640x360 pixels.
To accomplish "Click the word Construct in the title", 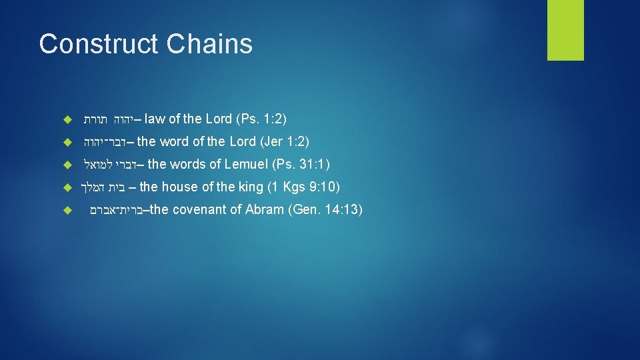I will click(x=98, y=44).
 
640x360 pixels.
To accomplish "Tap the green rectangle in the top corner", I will click(x=565, y=30).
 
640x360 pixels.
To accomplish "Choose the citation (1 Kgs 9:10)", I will click(x=304, y=187).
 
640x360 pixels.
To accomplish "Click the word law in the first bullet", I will click(x=155, y=119).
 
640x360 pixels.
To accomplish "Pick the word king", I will click(x=251, y=187).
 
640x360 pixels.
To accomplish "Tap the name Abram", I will click(x=265, y=210).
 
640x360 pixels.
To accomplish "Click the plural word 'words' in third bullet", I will click(x=189, y=164).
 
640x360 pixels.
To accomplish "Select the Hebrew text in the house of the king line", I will click(x=103, y=187).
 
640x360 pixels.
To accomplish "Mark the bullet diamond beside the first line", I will click(x=65, y=120).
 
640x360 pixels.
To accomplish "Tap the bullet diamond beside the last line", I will click(x=65, y=211).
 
